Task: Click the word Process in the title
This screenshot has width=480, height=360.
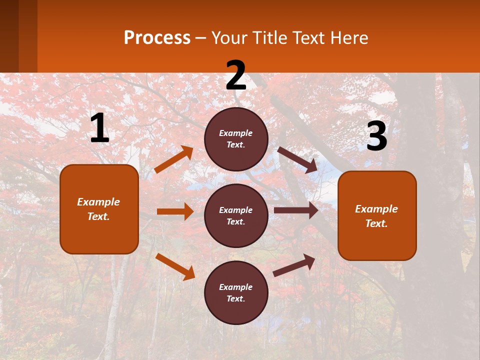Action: pos(157,38)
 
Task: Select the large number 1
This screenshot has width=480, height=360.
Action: pos(99,128)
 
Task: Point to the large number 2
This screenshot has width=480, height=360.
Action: pos(236,75)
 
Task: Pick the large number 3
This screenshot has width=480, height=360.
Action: pos(376,136)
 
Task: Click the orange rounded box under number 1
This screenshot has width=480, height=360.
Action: pos(99,209)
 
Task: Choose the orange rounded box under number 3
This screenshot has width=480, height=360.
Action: pos(377,215)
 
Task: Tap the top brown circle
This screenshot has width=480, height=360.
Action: pos(236,139)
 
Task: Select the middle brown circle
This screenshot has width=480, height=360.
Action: pos(236,215)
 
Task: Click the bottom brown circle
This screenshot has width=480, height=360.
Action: pos(236,292)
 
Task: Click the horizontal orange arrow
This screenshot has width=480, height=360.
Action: pos(175,211)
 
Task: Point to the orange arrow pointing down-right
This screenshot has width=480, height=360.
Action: pos(175,266)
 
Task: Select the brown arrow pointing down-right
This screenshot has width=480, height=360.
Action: pos(297,160)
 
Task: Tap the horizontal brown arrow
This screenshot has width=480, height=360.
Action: pos(296,210)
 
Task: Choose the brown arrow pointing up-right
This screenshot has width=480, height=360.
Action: pos(294,265)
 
